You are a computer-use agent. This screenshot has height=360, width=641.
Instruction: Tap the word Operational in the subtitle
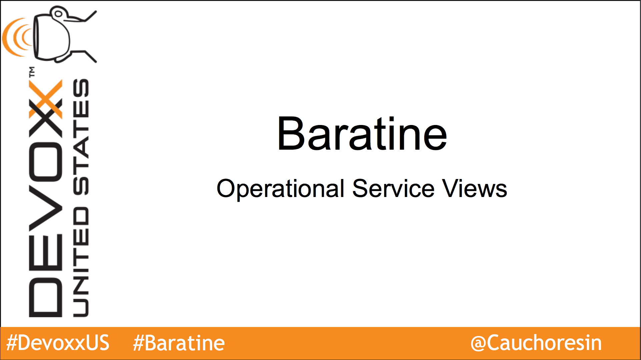[x=280, y=189]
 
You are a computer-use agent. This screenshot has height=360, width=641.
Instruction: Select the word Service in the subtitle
[x=393, y=188]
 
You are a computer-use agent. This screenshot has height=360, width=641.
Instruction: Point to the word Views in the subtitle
[x=474, y=188]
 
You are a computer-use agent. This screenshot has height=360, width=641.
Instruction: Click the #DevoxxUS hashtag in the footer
[x=58, y=343]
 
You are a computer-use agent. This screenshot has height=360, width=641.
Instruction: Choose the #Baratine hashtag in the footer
[x=179, y=343]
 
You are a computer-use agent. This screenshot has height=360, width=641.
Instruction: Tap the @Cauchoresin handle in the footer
[x=536, y=343]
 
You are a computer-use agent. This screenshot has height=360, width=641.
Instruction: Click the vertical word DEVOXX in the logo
[x=46, y=198]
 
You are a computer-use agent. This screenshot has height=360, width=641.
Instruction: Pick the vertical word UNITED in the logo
[x=81, y=262]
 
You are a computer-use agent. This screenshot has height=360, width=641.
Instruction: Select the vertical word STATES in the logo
[x=81, y=137]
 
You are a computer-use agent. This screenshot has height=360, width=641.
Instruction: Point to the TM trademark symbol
[x=32, y=72]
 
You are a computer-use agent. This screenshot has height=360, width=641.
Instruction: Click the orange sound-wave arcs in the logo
[x=17, y=37]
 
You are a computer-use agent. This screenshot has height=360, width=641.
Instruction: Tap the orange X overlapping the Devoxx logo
[x=46, y=99]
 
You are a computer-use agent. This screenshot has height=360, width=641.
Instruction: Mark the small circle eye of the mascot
[x=58, y=14]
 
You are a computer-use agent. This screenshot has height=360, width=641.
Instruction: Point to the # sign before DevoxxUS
[x=12, y=343]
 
